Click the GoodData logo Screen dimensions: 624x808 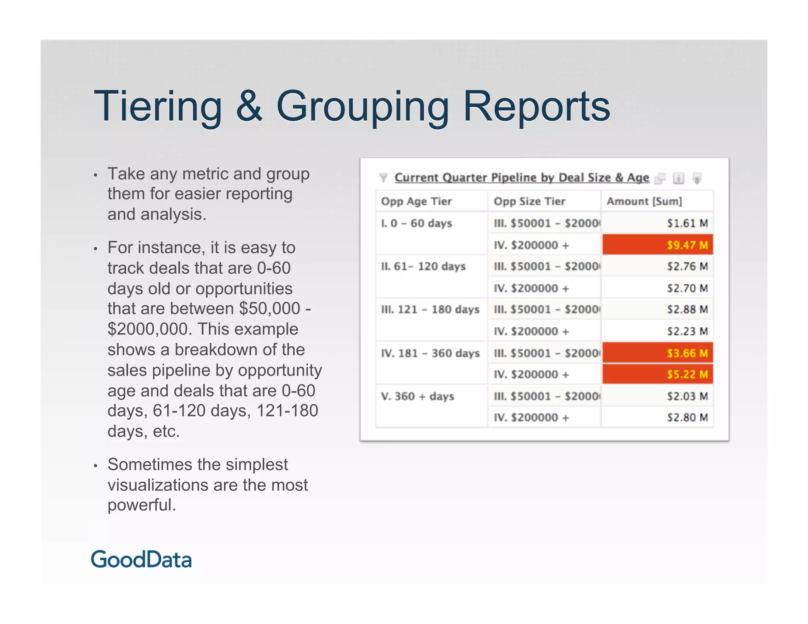click(141, 560)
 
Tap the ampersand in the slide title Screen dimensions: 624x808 click(249, 106)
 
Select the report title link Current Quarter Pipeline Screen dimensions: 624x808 click(522, 177)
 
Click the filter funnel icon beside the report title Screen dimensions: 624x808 click(383, 178)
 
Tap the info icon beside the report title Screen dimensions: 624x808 click(678, 178)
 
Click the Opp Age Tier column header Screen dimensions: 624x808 click(416, 201)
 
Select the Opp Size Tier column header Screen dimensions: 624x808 click(529, 201)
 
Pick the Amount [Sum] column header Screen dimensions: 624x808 click(644, 201)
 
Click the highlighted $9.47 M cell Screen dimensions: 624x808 click(658, 245)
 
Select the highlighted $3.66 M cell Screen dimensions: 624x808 click(658, 353)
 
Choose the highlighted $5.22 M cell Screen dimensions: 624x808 click(658, 374)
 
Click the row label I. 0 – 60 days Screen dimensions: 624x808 click(416, 223)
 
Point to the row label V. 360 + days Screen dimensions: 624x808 click(417, 396)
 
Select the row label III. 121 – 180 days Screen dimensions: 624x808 click(430, 309)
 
